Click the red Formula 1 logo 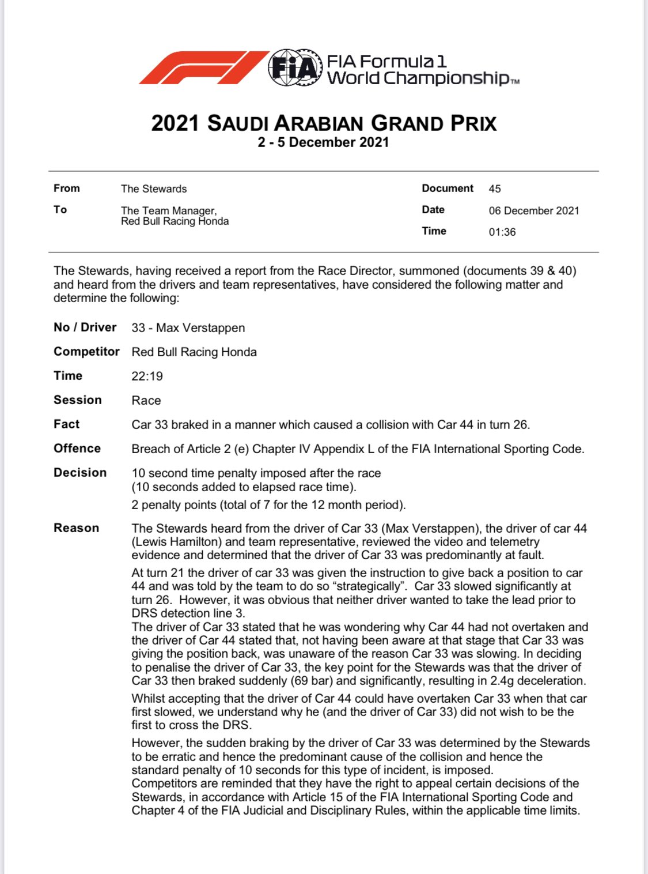pos(203,68)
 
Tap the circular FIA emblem pos(294,68)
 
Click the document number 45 pos(495,189)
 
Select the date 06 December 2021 pos(534,210)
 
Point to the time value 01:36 pos(502,232)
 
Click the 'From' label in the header pos(67,188)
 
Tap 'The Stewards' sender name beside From pos(154,189)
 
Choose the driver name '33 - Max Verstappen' pos(188,327)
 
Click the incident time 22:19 pos(147,376)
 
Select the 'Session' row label pos(78,400)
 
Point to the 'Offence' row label pos(77,448)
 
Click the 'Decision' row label pos(80,472)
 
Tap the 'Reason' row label pos(77,528)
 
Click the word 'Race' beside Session pos(146,400)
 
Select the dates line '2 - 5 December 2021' pos(323,142)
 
